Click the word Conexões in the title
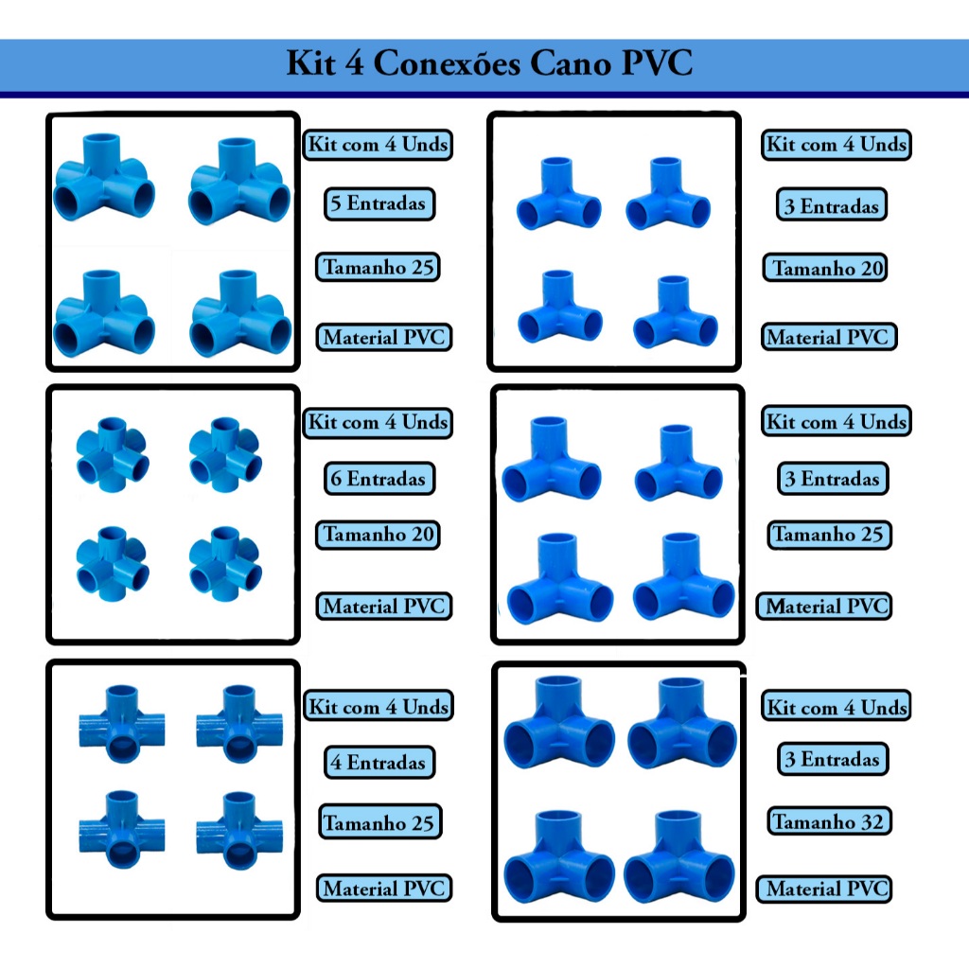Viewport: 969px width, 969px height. (446, 64)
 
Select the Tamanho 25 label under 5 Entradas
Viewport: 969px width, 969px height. (378, 267)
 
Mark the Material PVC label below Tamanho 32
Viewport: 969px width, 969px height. (826, 889)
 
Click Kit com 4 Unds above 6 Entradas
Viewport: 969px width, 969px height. (378, 422)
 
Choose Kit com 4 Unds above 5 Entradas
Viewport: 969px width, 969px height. (378, 145)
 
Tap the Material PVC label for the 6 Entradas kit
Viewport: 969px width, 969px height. (382, 606)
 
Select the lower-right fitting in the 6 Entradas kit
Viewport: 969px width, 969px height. (225, 564)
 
